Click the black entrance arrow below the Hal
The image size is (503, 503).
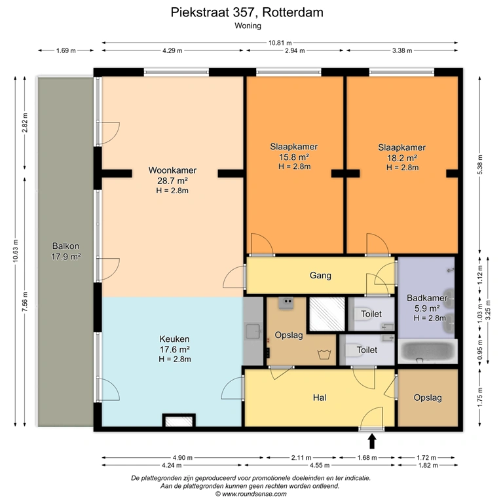pos(372,441)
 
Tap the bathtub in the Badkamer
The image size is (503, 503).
pos(427,352)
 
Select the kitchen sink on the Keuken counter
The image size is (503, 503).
pos(253,331)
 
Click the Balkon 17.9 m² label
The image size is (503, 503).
pos(65,251)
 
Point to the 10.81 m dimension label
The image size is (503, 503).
pos(280,43)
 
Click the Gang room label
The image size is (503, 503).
pos(320,275)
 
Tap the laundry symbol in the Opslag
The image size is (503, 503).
pos(324,354)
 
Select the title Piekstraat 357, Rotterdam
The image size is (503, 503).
pos(247,12)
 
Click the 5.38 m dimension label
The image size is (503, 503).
pos(480,165)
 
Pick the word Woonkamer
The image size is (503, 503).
pos(172,170)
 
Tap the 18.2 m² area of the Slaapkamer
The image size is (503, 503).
pos(402,158)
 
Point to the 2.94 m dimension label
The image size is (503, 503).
pos(295,50)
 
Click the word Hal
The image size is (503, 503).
pos(320,398)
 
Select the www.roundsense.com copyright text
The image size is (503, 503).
pos(251,494)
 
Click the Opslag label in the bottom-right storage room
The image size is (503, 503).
pos(428,398)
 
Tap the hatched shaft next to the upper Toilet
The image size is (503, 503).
pos(327,314)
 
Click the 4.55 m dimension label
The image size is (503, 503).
pos(320,466)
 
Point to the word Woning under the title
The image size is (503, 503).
pos(248,26)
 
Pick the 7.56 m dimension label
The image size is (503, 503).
pos(25,301)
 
